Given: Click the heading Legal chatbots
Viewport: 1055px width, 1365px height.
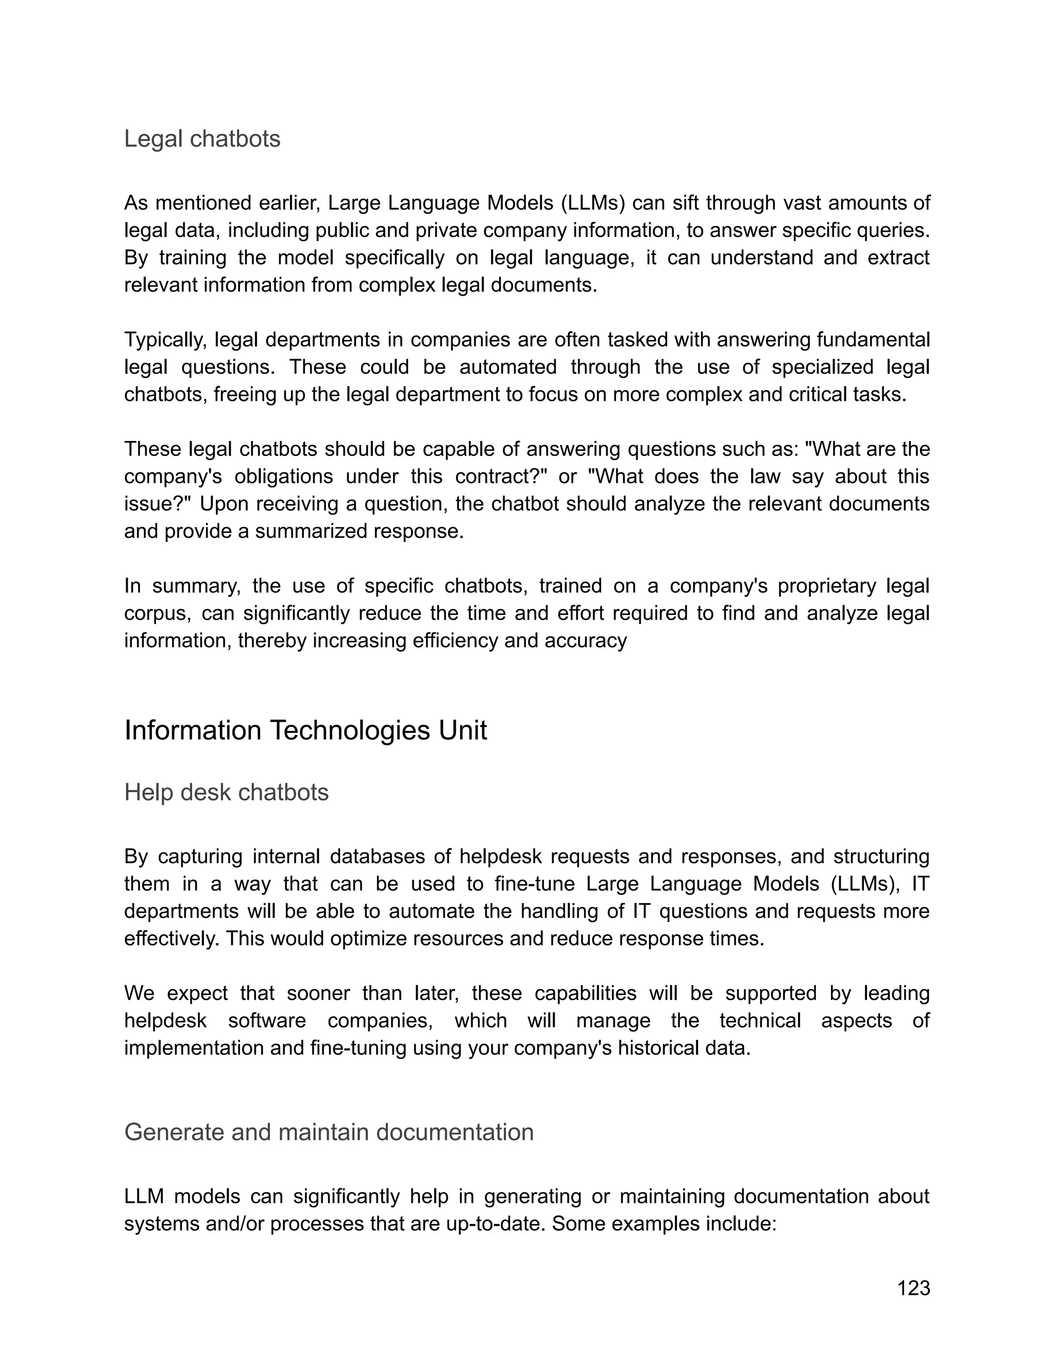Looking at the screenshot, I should (202, 139).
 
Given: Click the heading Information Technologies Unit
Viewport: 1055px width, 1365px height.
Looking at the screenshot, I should (305, 730).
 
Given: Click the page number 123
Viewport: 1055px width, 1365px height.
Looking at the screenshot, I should (913, 1288).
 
